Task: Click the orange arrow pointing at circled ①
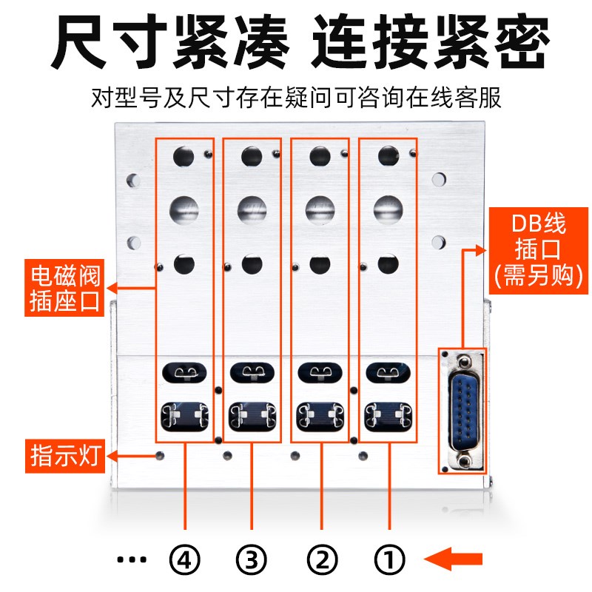click(x=456, y=559)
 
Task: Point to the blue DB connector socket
click(x=462, y=408)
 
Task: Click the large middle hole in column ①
click(x=388, y=208)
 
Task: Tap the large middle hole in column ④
click(x=184, y=208)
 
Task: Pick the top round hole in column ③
click(x=252, y=155)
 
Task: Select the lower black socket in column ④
click(x=184, y=415)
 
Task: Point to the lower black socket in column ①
click(x=388, y=415)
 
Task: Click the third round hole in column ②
click(x=319, y=263)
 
